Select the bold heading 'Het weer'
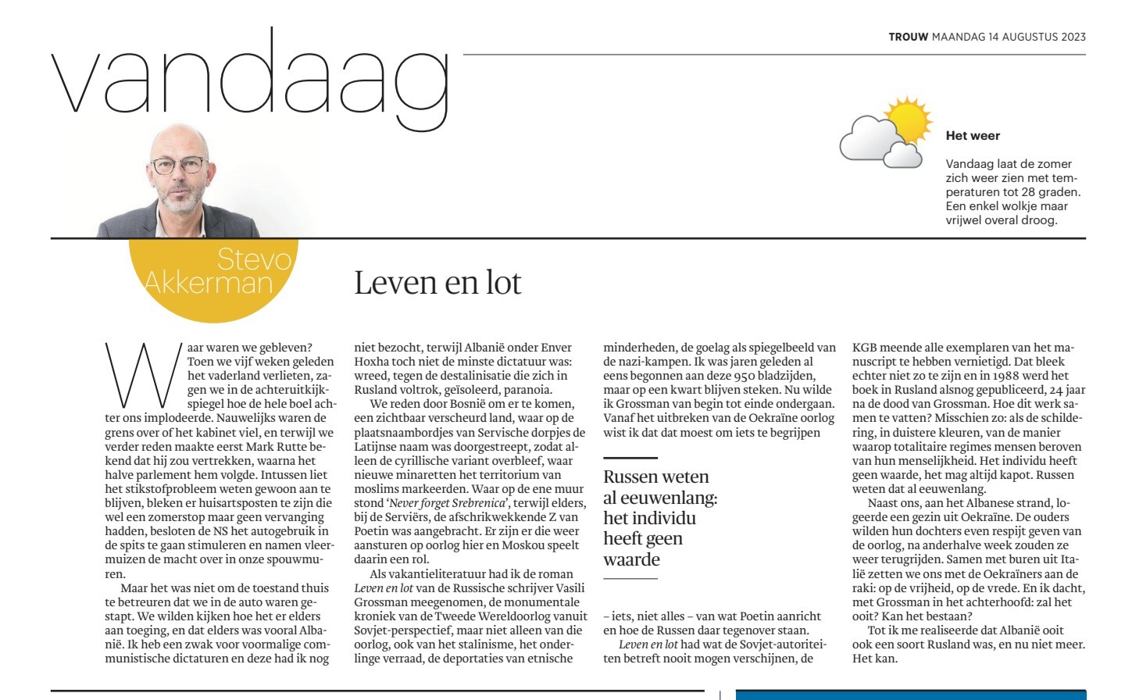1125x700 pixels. click(973, 135)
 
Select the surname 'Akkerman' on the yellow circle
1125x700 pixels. click(209, 281)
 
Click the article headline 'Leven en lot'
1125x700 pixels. click(437, 282)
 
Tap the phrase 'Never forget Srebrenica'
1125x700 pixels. click(448, 502)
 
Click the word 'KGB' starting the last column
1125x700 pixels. click(863, 347)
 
